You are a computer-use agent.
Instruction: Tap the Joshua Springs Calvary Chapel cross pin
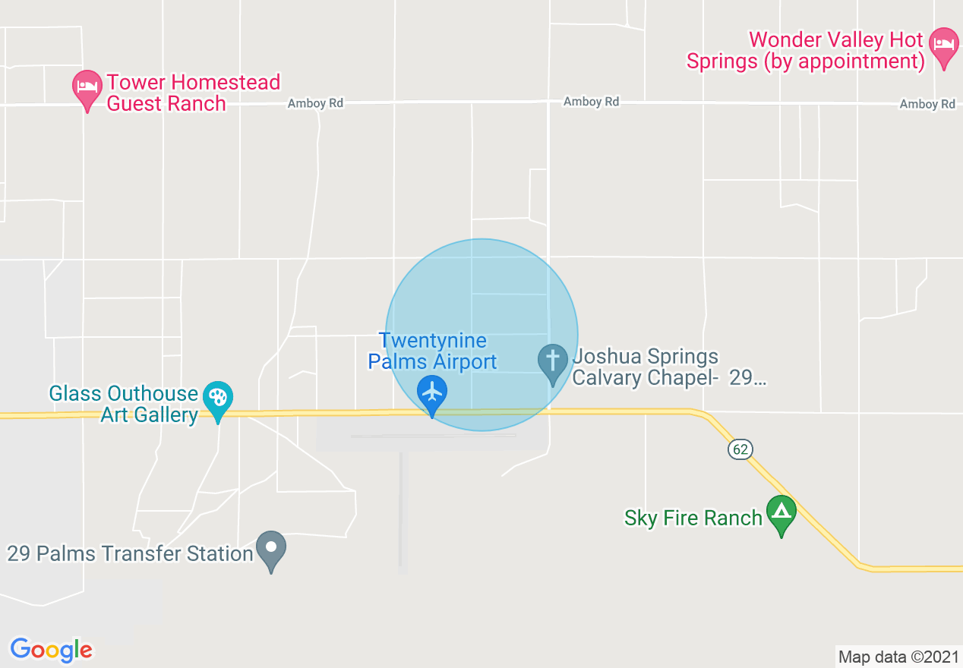(552, 361)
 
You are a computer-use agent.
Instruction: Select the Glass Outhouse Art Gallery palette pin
(218, 398)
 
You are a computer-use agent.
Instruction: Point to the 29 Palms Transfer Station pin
(271, 548)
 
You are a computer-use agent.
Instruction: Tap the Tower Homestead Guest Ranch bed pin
(87, 87)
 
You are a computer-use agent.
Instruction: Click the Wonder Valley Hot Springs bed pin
(944, 45)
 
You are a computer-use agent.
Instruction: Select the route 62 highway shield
(740, 449)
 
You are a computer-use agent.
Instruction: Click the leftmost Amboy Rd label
(315, 104)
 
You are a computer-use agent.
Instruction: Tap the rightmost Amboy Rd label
(927, 104)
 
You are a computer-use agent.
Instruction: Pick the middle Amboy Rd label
(591, 102)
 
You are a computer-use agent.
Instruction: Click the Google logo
(52, 650)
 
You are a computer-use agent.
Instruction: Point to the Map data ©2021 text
(898, 657)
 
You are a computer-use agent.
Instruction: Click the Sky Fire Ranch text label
(693, 518)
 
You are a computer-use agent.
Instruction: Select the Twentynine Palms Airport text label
(433, 351)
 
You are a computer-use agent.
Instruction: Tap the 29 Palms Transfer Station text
(130, 553)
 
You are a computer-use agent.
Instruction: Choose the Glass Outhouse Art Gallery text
(124, 404)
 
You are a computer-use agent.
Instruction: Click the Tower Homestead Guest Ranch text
(193, 93)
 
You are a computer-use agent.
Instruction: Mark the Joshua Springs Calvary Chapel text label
(668, 367)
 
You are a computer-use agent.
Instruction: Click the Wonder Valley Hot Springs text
(805, 50)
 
